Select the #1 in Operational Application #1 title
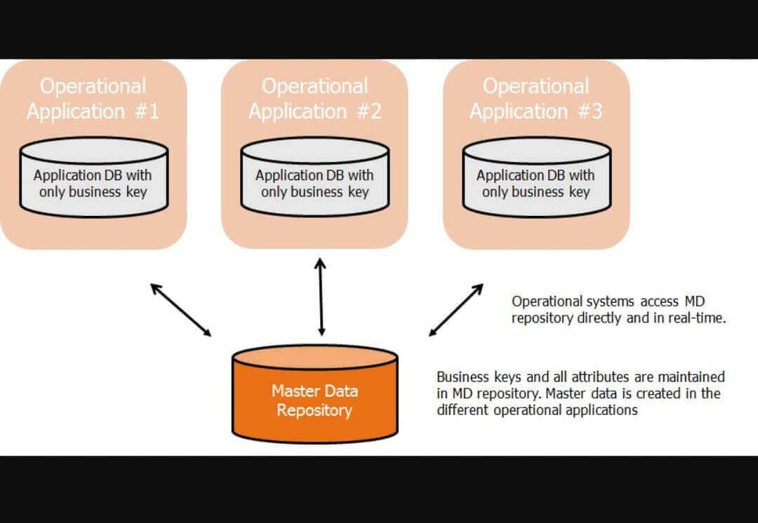pyautogui.click(x=147, y=111)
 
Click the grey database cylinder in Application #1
pyautogui.click(x=93, y=179)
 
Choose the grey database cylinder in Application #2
pyautogui.click(x=314, y=179)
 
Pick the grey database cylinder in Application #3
pyautogui.click(x=536, y=179)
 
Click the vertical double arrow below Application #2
pyautogui.click(x=321, y=297)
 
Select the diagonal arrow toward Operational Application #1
pyautogui.click(x=181, y=309)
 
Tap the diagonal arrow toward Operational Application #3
pyautogui.click(x=456, y=309)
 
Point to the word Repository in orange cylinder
pyautogui.click(x=314, y=410)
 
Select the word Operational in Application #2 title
pyautogui.click(x=314, y=86)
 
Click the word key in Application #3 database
pyautogui.click(x=579, y=191)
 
